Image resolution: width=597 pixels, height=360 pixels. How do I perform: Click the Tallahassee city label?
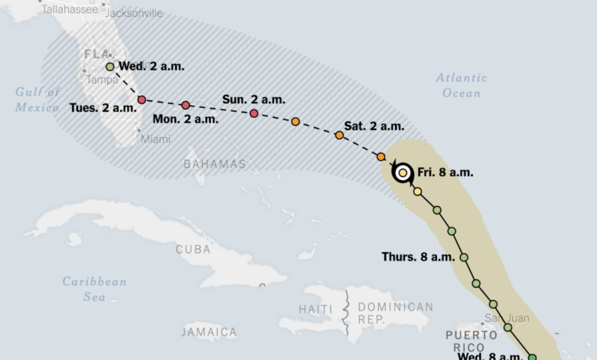pos(70,9)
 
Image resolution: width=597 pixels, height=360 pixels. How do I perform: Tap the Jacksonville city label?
pos(133,13)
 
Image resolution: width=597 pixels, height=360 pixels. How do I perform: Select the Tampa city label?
pos(102,80)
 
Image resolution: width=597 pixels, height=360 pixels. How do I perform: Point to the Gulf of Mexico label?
pos(38,100)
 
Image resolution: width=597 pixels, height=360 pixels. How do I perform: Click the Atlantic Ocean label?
pos(461,85)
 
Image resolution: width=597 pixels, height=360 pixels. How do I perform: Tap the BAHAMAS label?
pos(215,164)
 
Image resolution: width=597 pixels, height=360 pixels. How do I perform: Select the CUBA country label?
pos(193,249)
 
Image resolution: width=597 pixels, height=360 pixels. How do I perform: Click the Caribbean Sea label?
pos(95,289)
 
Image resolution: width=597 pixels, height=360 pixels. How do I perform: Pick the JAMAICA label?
pos(209,332)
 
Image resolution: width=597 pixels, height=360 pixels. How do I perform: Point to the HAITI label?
pos(315,308)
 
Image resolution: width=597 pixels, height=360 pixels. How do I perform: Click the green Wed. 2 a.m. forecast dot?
pos(110,67)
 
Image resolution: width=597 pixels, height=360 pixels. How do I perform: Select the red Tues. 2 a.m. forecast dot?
pos(142,100)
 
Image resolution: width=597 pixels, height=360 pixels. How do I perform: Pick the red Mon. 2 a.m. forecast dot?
pos(185,105)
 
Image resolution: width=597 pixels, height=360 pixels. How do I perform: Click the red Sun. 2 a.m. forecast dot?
pos(254,113)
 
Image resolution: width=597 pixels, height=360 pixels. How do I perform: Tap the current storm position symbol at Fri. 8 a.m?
pos(403,172)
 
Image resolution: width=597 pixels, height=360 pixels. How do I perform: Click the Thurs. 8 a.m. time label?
pos(418,257)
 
